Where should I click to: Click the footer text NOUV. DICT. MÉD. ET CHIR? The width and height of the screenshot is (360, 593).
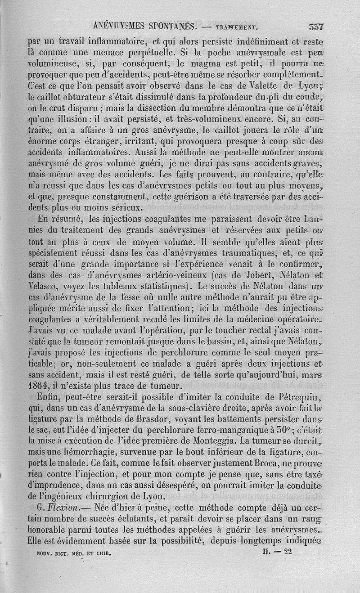click(73, 551)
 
